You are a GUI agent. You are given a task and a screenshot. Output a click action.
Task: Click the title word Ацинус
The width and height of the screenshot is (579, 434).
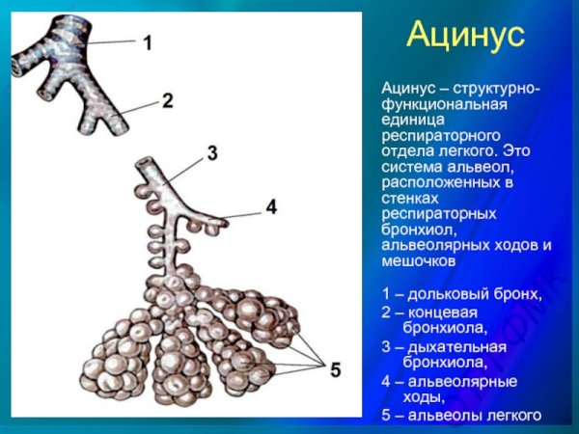click(465, 36)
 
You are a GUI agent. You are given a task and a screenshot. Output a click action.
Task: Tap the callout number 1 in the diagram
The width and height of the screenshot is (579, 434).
click(148, 42)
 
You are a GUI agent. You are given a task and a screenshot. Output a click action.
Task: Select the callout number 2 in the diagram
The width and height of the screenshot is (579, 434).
click(167, 99)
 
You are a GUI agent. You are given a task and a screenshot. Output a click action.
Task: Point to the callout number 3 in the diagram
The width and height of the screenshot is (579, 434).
click(212, 153)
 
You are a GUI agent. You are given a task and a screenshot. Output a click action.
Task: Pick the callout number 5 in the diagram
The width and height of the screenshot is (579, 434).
click(334, 367)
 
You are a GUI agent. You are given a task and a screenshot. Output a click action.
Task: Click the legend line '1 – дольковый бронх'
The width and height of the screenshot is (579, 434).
click(461, 293)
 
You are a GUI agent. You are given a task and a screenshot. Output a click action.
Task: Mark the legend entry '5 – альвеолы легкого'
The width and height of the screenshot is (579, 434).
click(461, 416)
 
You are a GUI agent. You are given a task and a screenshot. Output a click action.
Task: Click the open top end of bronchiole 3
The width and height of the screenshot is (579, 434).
click(145, 162)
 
